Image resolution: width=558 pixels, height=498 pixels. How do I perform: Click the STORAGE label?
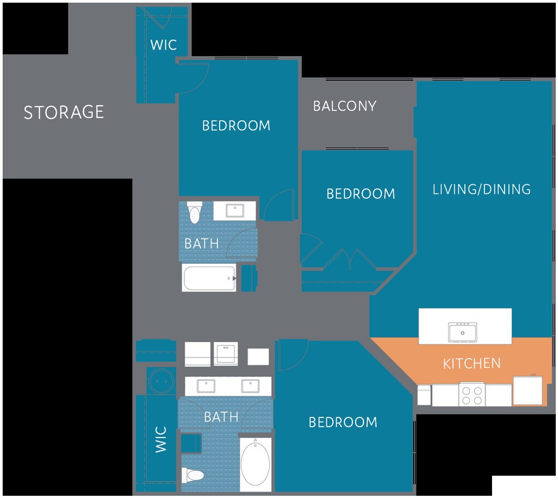[x=64, y=112]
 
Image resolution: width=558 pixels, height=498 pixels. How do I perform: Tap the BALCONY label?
[x=344, y=106]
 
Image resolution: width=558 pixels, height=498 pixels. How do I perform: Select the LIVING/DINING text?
[x=481, y=189]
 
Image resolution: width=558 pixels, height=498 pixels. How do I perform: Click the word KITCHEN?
[x=471, y=363]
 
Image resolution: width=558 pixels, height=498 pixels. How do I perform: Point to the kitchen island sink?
[x=462, y=331]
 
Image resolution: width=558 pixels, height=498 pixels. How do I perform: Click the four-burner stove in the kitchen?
[x=472, y=394]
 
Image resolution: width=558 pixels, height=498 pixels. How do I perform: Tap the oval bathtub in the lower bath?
[x=255, y=463]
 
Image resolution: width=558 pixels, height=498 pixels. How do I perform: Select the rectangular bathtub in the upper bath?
[x=209, y=278]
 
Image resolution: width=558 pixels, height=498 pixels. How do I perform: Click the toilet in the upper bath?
[x=195, y=212]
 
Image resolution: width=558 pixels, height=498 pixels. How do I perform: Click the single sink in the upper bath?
[x=234, y=211]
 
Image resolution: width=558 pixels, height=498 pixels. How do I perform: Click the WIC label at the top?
[x=163, y=45]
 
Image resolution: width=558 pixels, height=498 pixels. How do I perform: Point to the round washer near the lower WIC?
[x=161, y=381]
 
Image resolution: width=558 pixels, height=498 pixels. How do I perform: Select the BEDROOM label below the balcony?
[x=361, y=193]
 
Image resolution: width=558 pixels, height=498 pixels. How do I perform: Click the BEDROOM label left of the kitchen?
[x=343, y=422]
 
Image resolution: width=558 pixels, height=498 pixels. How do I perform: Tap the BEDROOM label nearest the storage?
[x=236, y=125]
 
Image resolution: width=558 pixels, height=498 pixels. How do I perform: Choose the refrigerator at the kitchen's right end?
[x=527, y=390]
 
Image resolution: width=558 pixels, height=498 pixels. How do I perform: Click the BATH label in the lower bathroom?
[x=221, y=417]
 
